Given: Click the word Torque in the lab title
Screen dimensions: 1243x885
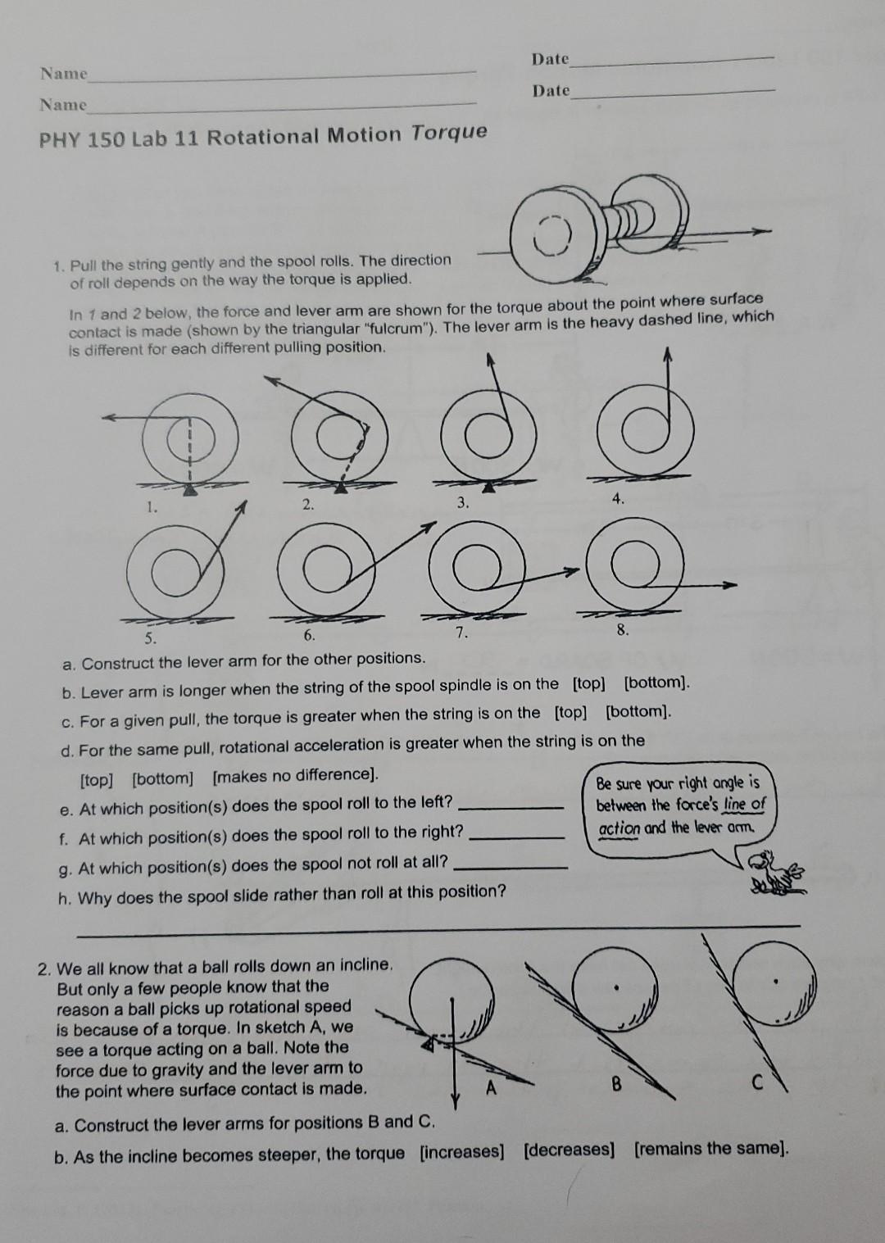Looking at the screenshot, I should pyautogui.click(x=449, y=133).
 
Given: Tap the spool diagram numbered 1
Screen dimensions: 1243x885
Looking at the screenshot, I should pyautogui.click(x=188, y=443).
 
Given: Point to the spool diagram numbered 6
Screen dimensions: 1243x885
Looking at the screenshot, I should pyautogui.click(x=327, y=574).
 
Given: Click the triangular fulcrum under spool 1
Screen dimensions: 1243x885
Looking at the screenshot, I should pyautogui.click(x=189, y=489).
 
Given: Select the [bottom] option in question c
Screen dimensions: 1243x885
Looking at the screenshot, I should pyautogui.click(x=638, y=711).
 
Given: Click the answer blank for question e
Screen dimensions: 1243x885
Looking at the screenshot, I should pyautogui.click(x=514, y=807).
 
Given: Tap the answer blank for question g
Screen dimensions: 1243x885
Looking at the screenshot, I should pyautogui.click(x=510, y=867).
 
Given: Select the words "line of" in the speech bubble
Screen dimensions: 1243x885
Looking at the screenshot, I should pyautogui.click(x=743, y=805).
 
